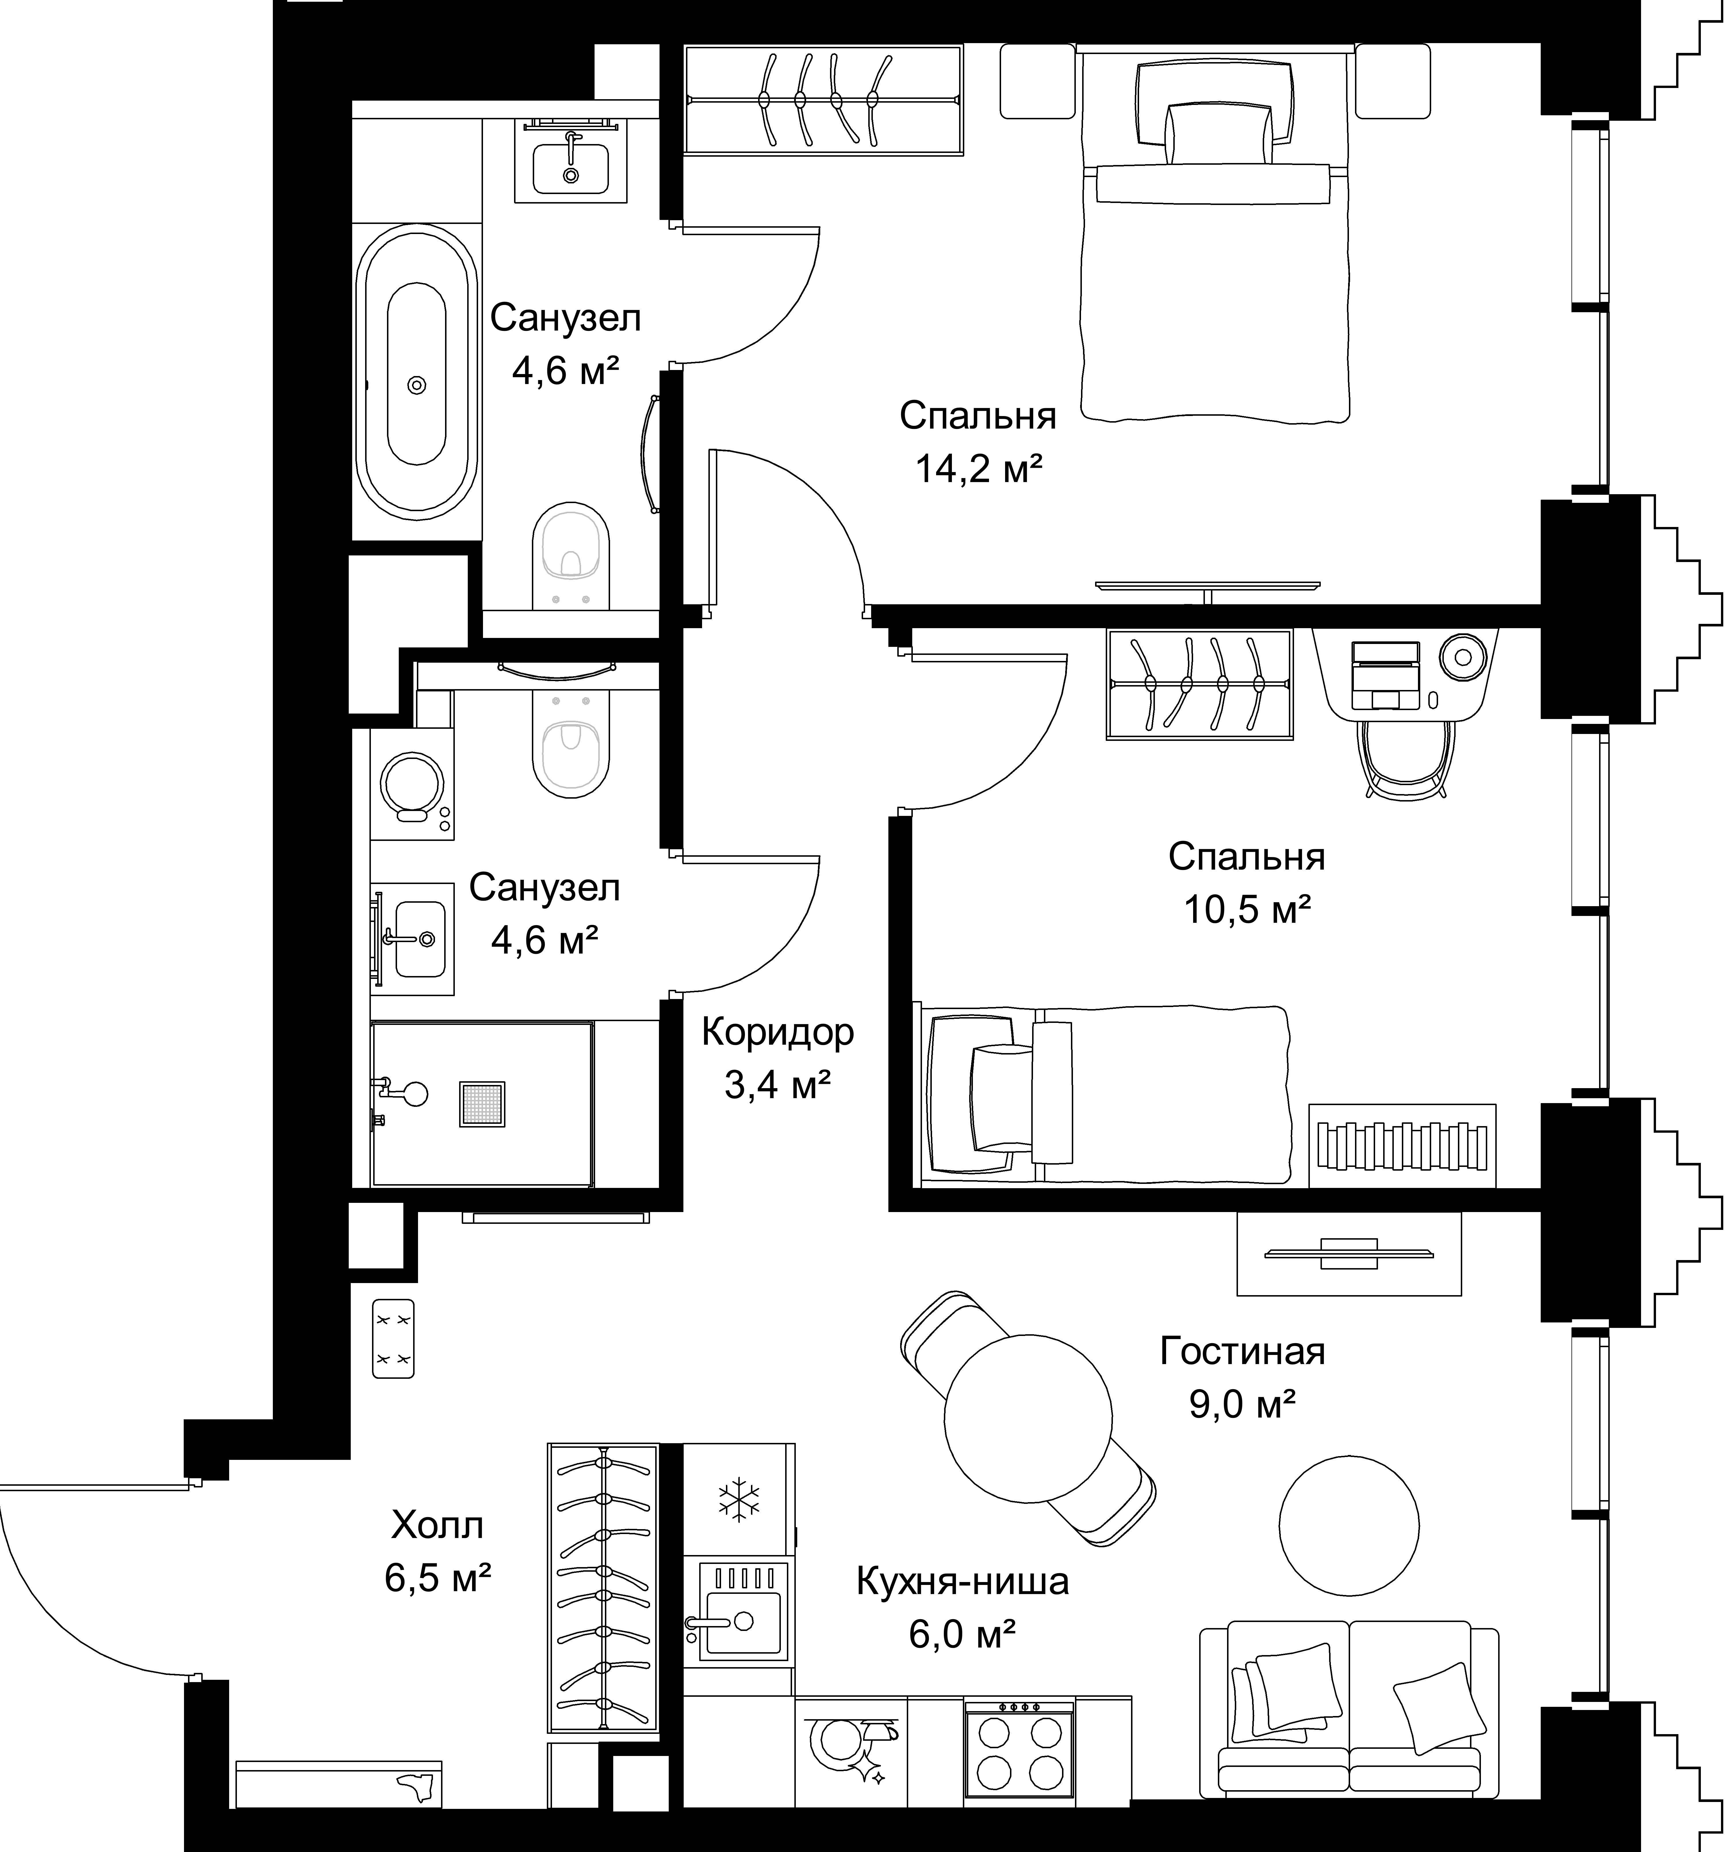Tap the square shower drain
(x=482, y=1104)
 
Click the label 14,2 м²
(x=978, y=469)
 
